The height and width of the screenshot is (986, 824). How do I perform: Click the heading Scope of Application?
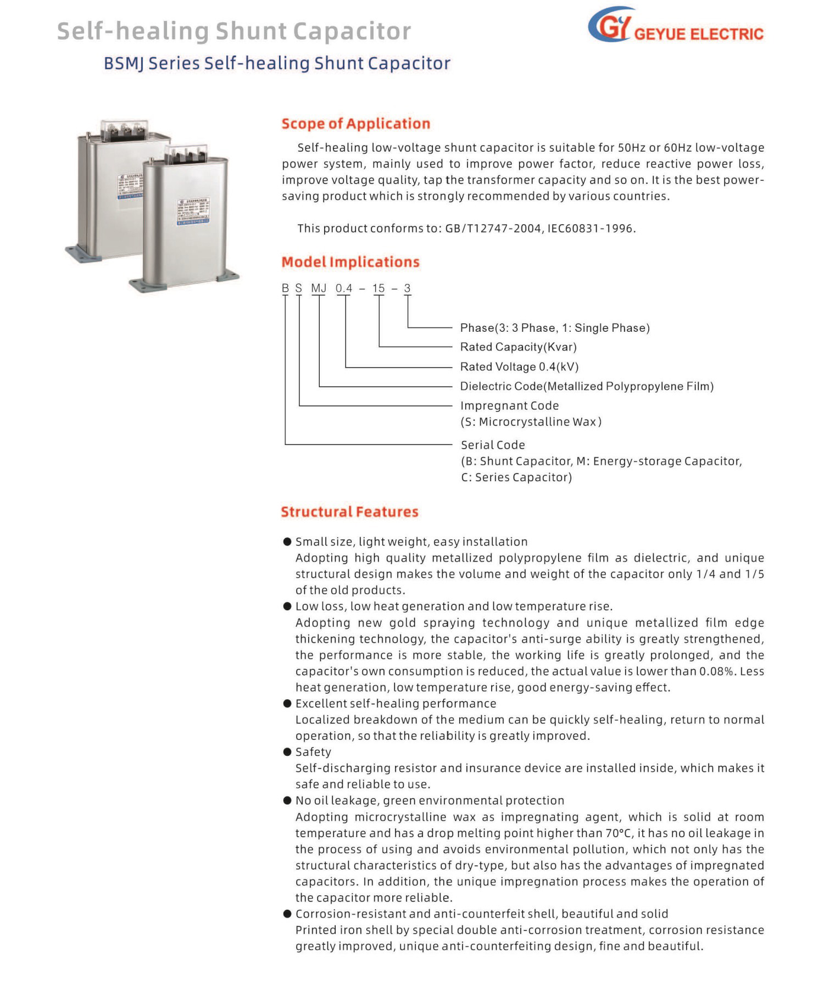(x=355, y=124)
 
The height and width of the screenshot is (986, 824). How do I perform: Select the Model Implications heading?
(x=350, y=262)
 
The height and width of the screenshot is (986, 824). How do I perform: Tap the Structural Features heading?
(x=349, y=512)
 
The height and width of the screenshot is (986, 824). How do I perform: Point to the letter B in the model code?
(x=285, y=288)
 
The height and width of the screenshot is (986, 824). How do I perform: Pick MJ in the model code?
(x=319, y=288)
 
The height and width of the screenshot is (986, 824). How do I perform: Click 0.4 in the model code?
(x=344, y=288)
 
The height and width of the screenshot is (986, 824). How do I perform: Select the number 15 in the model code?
(x=378, y=288)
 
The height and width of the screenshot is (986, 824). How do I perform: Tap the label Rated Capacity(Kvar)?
(x=518, y=347)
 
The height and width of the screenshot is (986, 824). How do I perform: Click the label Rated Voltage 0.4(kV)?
(x=519, y=367)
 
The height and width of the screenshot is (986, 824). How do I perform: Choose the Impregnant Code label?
(x=509, y=406)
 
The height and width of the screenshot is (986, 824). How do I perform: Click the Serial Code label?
(x=493, y=445)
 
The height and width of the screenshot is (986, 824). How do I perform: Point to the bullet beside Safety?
(x=287, y=752)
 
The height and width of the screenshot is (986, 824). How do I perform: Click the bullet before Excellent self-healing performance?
(x=287, y=704)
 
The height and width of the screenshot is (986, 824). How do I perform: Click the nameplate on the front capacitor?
(x=193, y=211)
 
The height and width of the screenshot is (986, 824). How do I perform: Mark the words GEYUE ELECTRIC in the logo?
(x=698, y=34)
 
